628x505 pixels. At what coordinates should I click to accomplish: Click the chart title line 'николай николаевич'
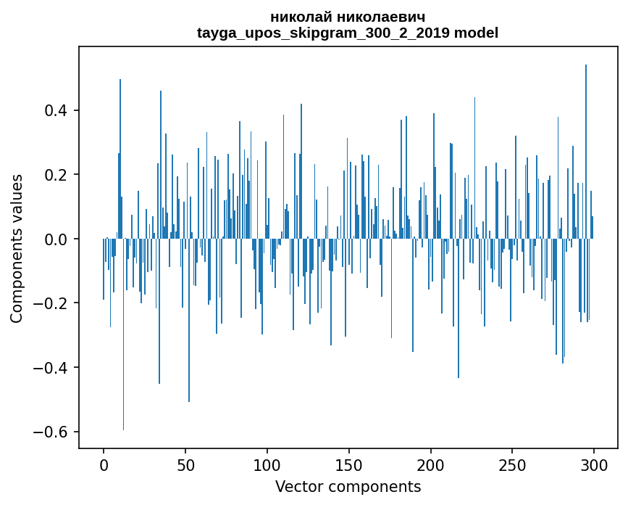348,17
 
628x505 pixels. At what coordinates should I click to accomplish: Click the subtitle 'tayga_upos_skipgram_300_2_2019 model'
348,33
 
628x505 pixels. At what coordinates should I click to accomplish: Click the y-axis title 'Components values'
17,248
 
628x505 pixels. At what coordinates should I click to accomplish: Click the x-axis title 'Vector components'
348,486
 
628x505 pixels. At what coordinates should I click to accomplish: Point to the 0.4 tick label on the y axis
56,111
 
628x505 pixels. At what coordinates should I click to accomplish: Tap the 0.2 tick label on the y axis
56,175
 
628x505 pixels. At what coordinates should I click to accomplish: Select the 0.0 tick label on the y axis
56,239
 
